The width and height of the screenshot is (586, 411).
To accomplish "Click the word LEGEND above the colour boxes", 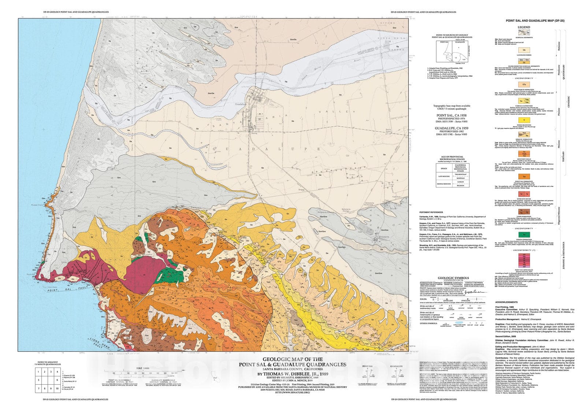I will (524, 27).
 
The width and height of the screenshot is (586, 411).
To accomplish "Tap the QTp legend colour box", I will (524, 84).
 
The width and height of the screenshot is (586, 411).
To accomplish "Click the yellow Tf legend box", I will (524, 120).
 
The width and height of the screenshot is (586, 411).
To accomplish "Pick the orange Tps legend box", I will (524, 176).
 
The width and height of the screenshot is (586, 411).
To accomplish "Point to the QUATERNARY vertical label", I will (563, 72).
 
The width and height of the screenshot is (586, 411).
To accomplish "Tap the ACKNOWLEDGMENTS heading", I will (507, 302).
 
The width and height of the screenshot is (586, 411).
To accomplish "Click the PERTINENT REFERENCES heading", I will (432, 212).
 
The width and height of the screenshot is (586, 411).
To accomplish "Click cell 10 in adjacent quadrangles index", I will (57, 388).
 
